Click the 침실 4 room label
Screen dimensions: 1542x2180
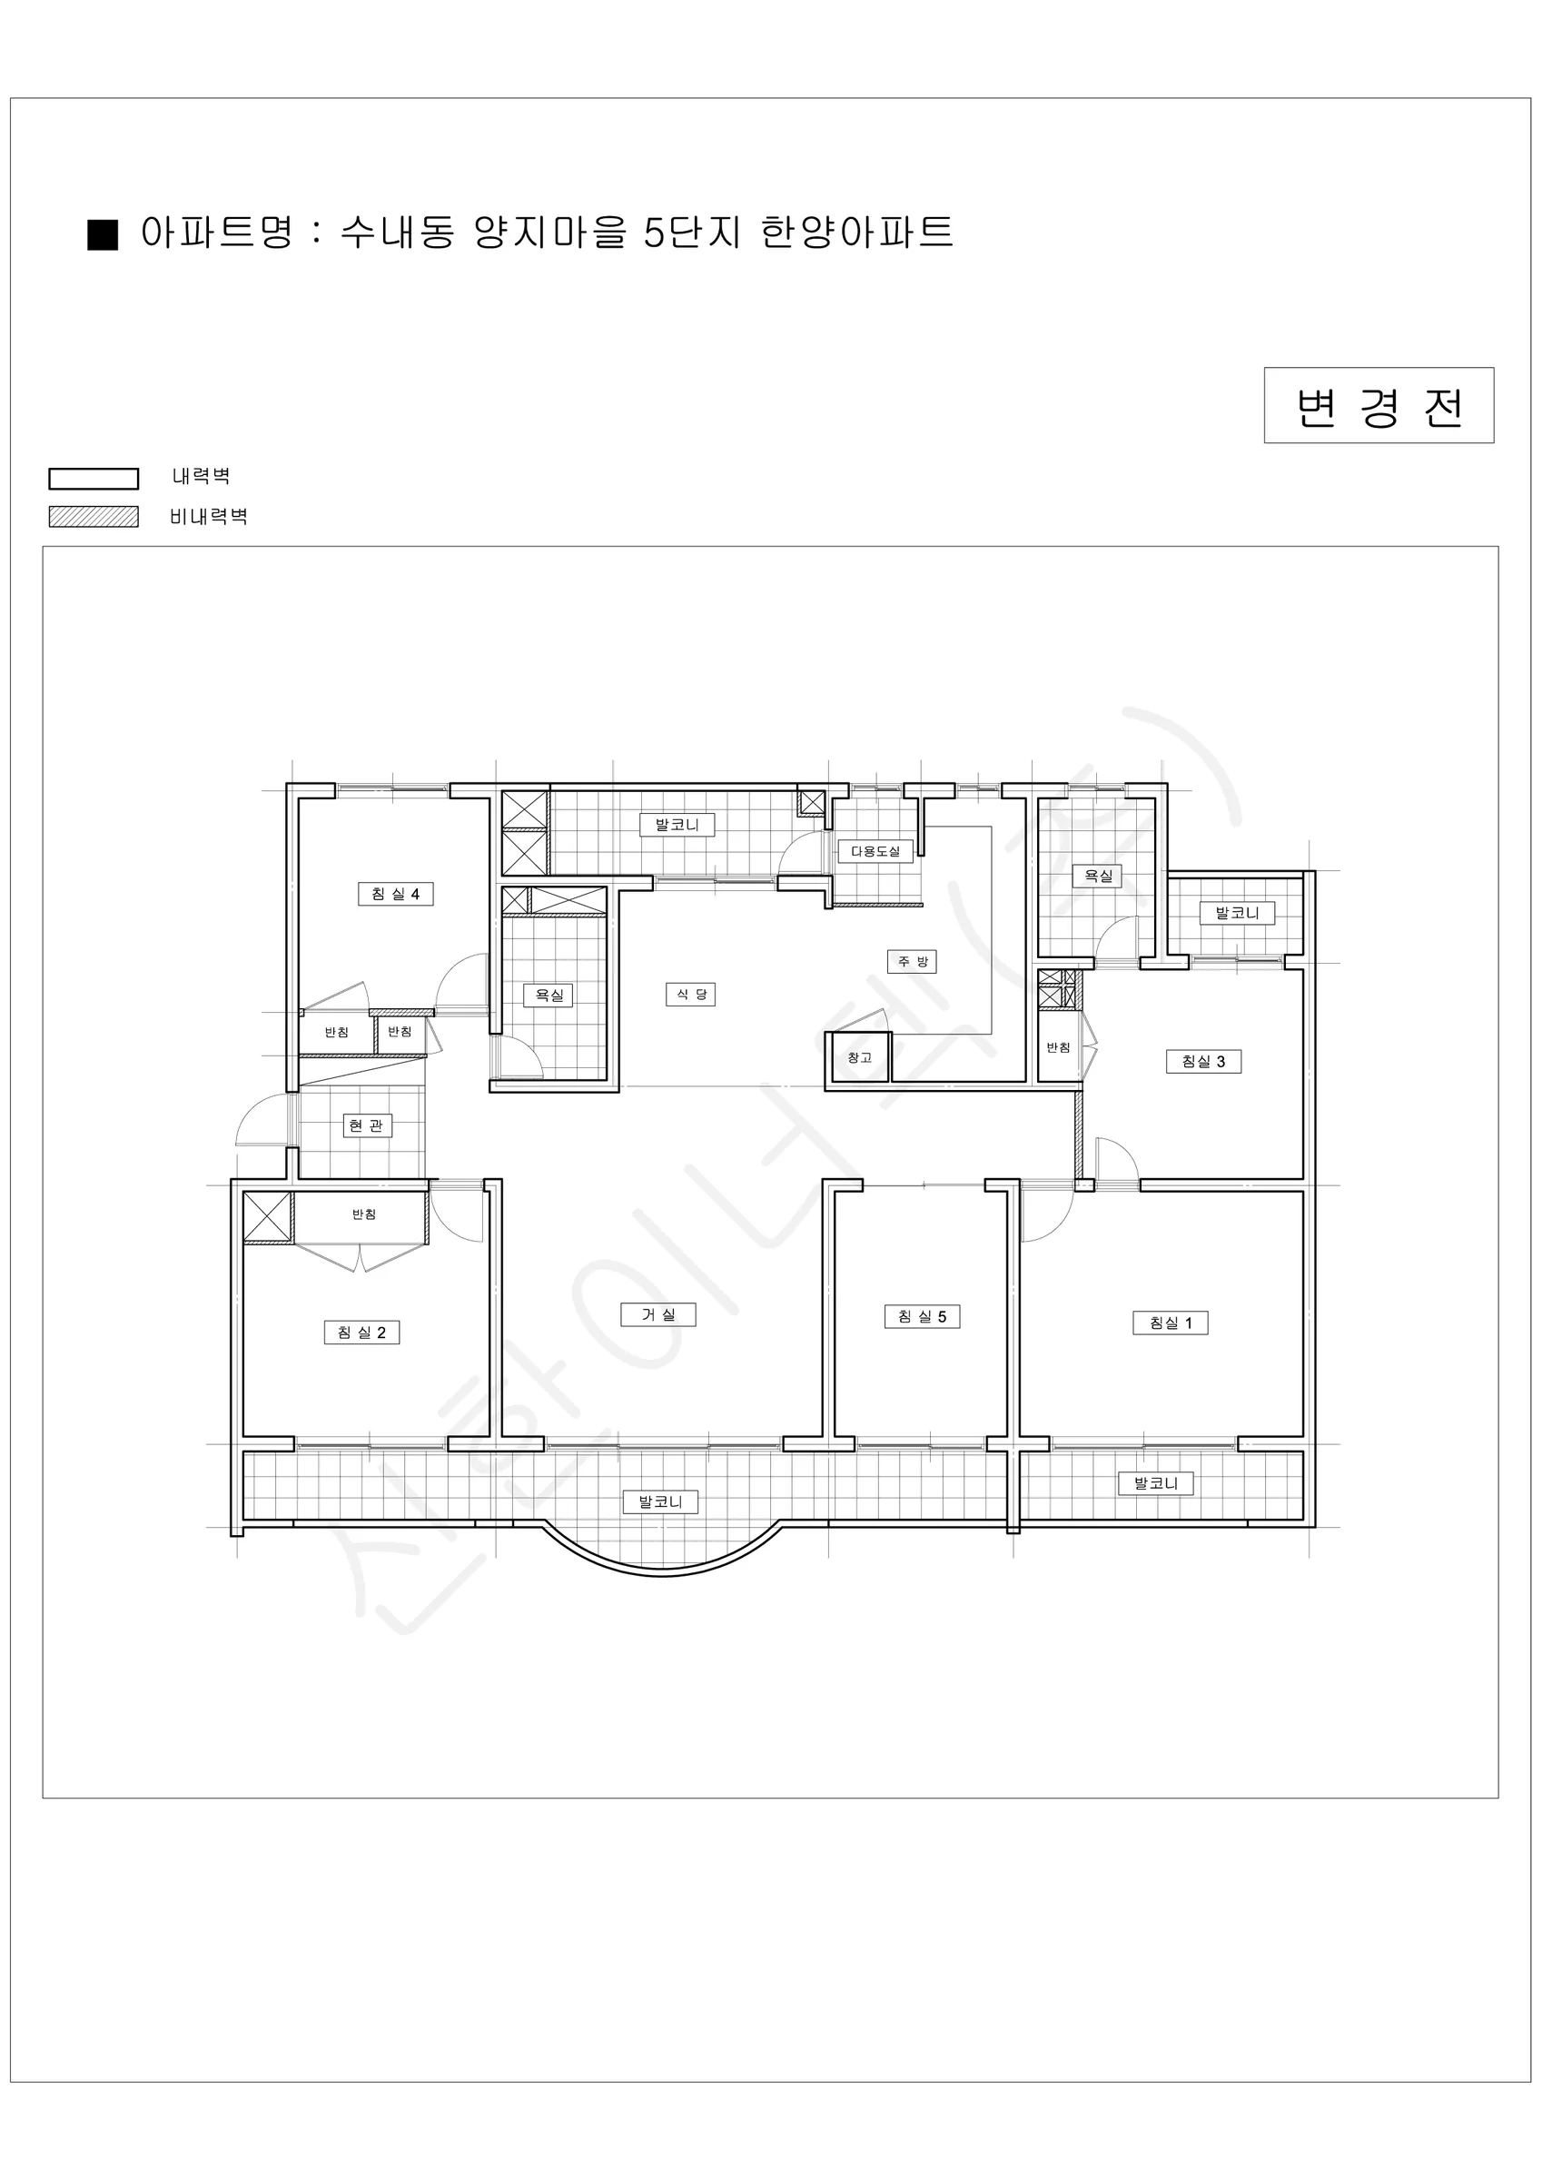pyautogui.click(x=395, y=894)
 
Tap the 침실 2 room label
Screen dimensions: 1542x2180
pyautogui.click(x=361, y=1333)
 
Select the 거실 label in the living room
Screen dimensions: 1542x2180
pyautogui.click(x=658, y=1314)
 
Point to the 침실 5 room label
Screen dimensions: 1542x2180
pyautogui.click(x=922, y=1316)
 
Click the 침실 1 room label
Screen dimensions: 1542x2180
pyautogui.click(x=1170, y=1323)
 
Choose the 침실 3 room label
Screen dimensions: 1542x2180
pyautogui.click(x=1203, y=1062)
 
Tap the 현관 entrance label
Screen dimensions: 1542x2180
pyautogui.click(x=367, y=1125)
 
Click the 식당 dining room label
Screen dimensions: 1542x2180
pyautogui.click(x=690, y=994)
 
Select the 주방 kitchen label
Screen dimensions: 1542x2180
pyautogui.click(x=912, y=961)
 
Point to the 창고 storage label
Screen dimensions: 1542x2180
pyautogui.click(x=859, y=1056)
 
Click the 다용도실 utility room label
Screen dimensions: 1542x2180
pyautogui.click(x=875, y=851)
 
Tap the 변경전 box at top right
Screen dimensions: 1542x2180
pyautogui.click(x=1379, y=405)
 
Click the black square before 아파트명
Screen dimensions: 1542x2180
pyautogui.click(x=103, y=234)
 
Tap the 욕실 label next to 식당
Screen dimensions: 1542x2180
pyautogui.click(x=548, y=995)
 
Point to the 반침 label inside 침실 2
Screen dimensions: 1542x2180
pyautogui.click(x=363, y=1214)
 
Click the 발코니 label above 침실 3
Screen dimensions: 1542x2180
pyautogui.click(x=1236, y=914)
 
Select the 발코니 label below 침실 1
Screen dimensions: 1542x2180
pyautogui.click(x=1155, y=1483)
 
